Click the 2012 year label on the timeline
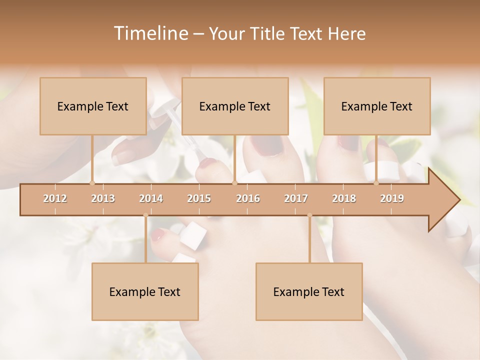click(55, 198)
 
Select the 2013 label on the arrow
click(103, 198)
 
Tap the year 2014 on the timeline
click(151, 198)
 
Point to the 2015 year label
click(199, 198)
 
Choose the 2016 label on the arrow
click(248, 198)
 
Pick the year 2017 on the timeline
click(296, 198)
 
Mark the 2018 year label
click(344, 198)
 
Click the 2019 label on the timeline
click(392, 198)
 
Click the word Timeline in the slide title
click(150, 33)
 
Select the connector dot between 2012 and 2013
click(92, 183)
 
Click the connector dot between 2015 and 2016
click(234, 183)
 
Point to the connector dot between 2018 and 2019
click(376, 183)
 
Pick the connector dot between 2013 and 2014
click(145, 215)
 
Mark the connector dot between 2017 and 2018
click(309, 215)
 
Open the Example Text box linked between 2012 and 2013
click(93, 106)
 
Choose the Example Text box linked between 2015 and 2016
click(235, 106)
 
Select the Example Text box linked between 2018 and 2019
click(377, 106)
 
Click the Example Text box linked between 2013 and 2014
click(145, 291)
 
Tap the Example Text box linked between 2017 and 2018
click(309, 291)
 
